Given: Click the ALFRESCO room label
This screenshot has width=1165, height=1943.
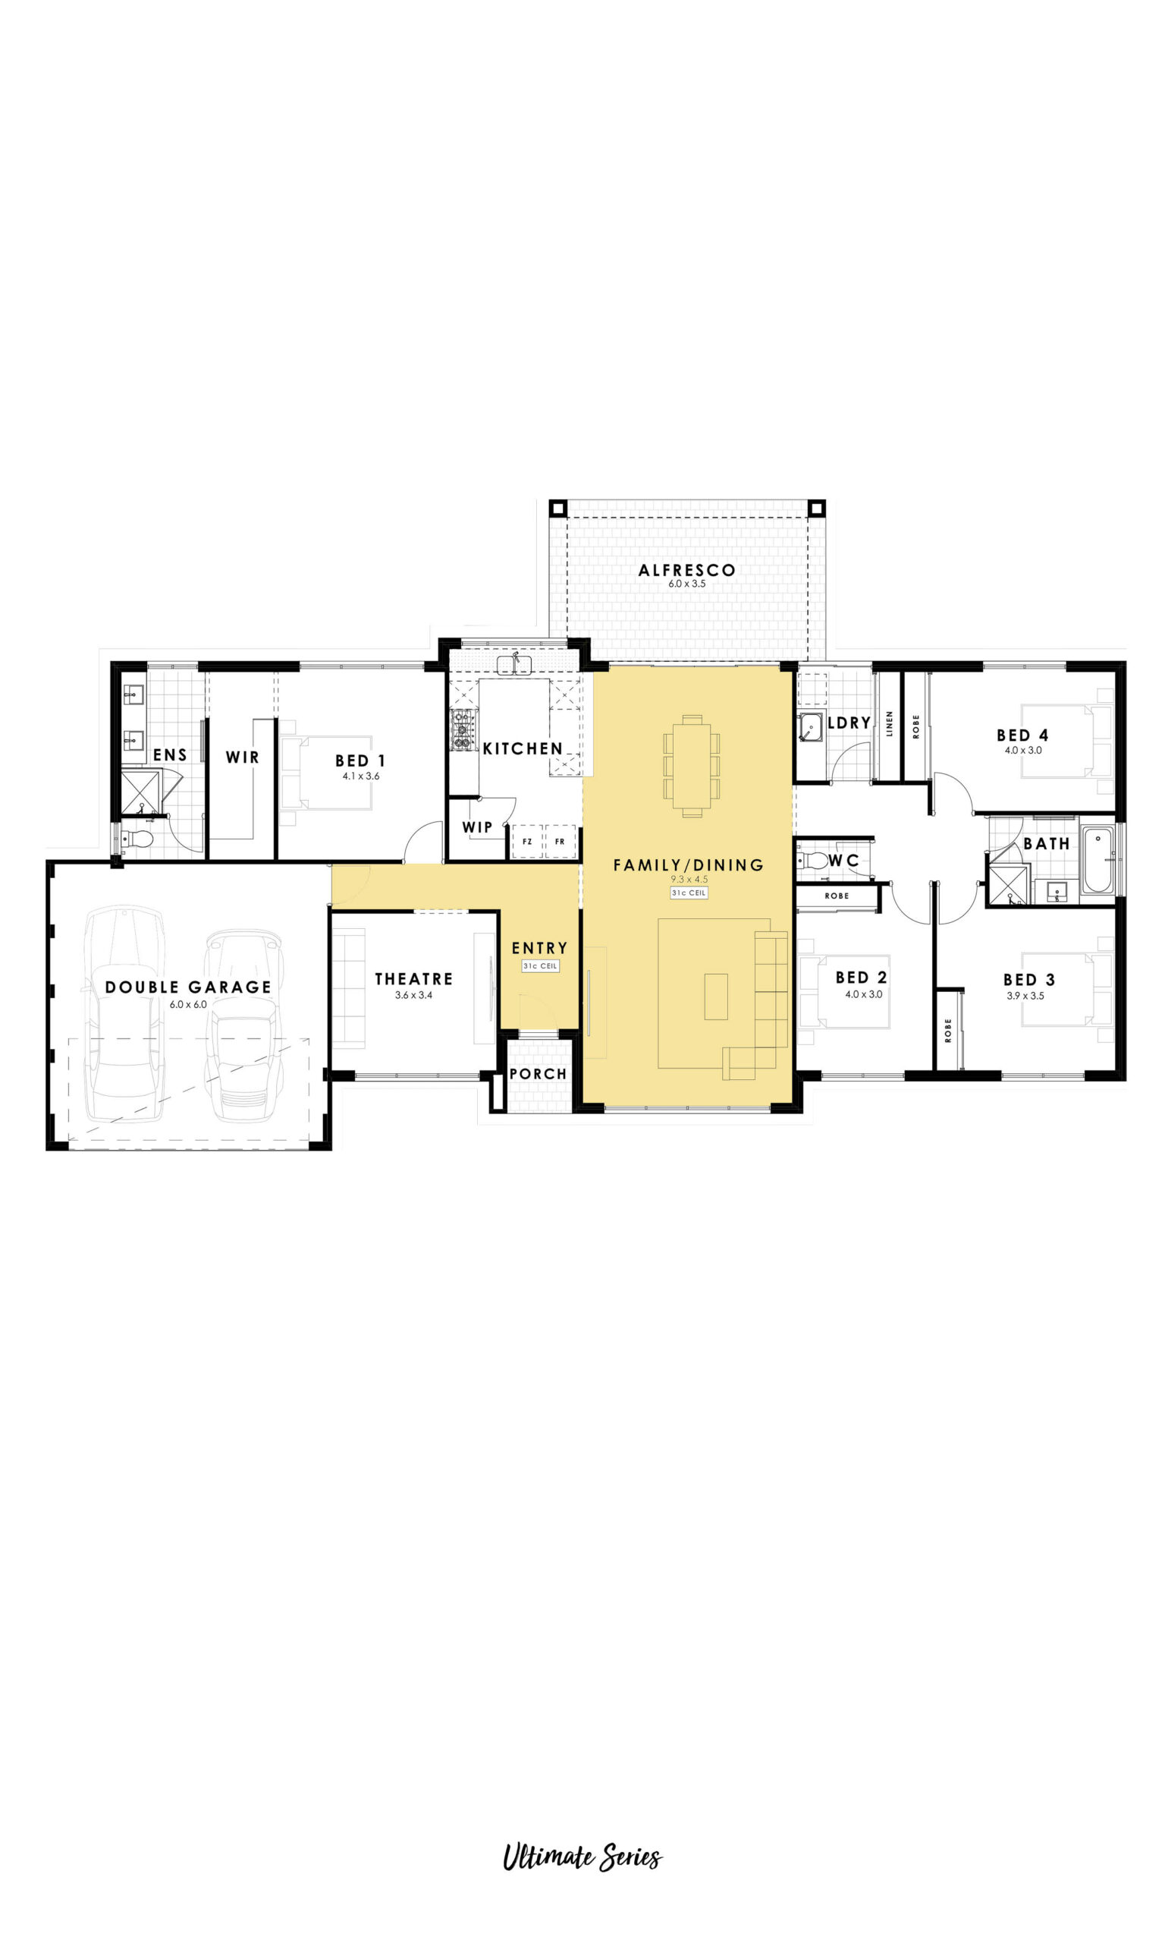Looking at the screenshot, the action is pos(687,570).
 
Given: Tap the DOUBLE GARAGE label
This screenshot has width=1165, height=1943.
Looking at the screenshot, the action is pos(188,987).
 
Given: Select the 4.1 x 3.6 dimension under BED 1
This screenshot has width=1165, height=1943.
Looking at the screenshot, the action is pos(361,776).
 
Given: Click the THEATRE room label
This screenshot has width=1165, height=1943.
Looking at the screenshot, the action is pos(413,978).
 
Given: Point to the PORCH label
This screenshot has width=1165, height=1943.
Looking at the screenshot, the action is pos(538,1074).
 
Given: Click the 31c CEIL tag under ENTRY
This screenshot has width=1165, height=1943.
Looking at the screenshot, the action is pos(540,966).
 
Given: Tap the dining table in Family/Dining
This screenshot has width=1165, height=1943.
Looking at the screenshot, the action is pos(692,766).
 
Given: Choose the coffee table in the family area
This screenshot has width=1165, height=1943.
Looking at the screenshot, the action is pos(716,997).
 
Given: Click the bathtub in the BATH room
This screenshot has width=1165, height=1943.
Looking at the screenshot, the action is pos(1097,860).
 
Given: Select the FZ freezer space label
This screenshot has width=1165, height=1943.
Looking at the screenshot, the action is pos(527,842).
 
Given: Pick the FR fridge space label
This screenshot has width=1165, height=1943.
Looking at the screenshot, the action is pos(560,842).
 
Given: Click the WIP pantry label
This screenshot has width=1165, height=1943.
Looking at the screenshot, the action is pos(477,827).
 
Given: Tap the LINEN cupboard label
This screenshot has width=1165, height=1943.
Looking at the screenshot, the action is pos(890,723).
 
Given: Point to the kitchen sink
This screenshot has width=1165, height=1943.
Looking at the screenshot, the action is pos(514,665).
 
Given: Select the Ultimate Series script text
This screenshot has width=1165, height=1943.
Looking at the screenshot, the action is pos(582,1857).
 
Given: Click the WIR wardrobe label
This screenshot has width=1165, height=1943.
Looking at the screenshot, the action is pos(243,757).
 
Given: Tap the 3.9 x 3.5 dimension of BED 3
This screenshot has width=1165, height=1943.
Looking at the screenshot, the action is pos(1025,996).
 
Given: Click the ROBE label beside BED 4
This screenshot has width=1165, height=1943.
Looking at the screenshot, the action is pos(916,726).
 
